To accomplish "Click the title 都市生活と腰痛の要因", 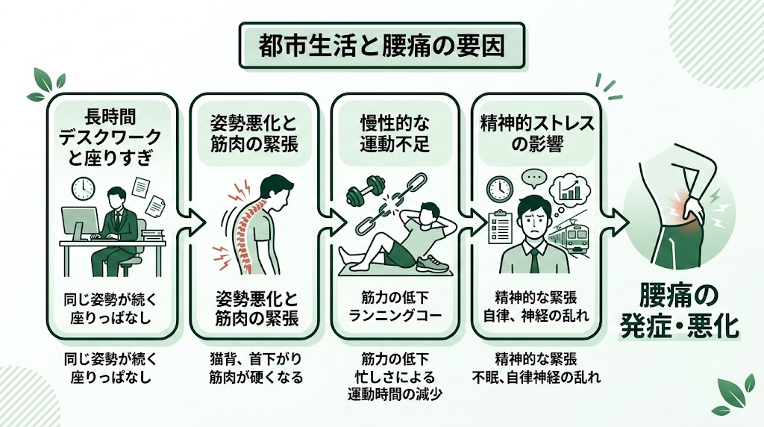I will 381,46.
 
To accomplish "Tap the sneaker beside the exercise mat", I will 431,264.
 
